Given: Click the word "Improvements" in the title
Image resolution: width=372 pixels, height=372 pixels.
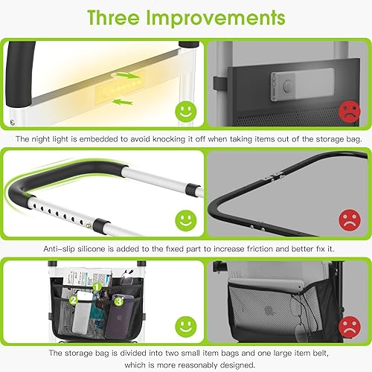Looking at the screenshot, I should pos(217,18).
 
